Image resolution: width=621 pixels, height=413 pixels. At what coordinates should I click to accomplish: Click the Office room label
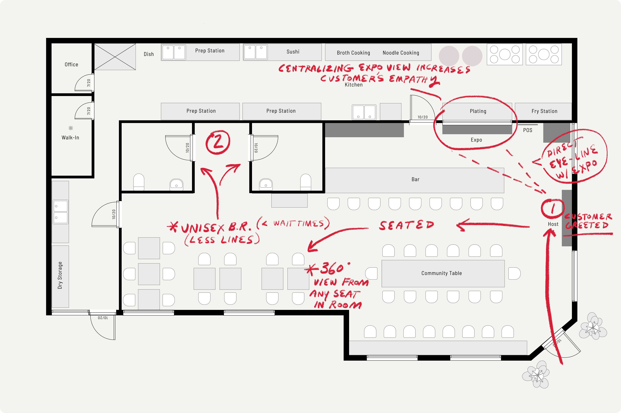71,65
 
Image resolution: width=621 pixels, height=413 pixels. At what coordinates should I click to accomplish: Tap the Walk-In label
70,137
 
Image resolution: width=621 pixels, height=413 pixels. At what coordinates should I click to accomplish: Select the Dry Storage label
60,275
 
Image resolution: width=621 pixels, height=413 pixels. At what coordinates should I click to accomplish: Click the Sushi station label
293,52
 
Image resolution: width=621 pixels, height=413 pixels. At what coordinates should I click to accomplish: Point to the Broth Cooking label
353,53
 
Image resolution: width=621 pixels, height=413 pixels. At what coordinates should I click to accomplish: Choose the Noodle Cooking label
401,53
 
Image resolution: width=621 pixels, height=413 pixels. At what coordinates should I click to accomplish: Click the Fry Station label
544,111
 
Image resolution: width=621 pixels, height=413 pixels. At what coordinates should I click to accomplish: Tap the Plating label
478,111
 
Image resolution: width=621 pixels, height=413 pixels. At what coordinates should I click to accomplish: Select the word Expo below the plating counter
476,140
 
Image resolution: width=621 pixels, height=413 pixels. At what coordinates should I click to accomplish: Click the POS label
527,130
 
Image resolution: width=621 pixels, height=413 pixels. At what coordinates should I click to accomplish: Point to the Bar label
415,179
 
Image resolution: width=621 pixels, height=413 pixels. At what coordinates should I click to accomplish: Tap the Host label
553,224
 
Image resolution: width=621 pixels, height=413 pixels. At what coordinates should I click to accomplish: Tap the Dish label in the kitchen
149,54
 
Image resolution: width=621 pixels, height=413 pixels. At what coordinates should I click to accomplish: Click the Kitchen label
354,85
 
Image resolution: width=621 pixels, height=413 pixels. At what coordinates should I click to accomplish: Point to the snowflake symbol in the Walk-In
71,128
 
